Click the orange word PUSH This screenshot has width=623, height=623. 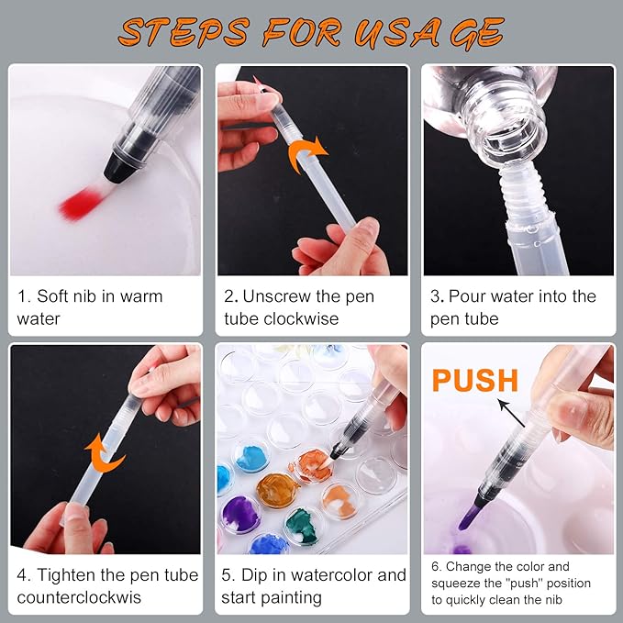click(475, 379)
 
